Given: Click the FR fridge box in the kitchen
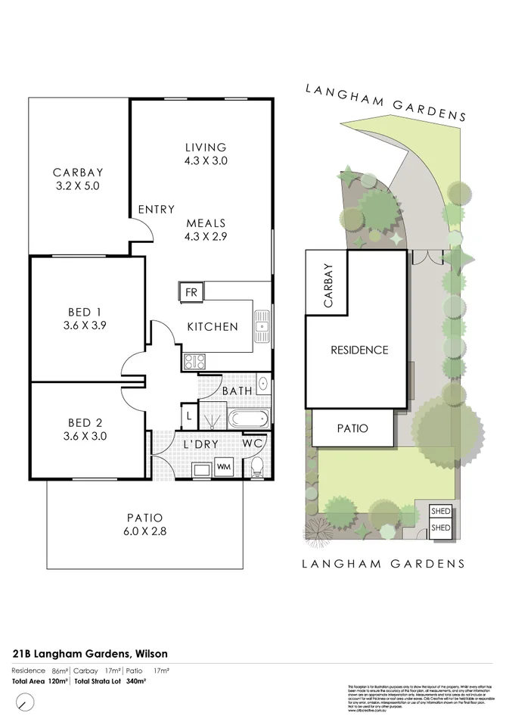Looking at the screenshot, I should click(191, 292).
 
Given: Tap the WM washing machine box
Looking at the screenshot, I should click(224, 468).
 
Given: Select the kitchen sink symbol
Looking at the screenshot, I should click(262, 327).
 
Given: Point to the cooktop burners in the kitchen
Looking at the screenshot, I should click(191, 361).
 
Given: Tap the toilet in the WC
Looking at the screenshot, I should click(257, 467).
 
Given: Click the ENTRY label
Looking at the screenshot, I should click(156, 210).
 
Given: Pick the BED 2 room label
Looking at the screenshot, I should click(86, 422).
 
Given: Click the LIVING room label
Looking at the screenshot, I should click(206, 147).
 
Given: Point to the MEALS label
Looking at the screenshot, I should click(206, 223).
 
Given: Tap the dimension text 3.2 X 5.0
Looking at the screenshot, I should click(78, 185).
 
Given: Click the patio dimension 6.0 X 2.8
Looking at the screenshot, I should click(144, 531).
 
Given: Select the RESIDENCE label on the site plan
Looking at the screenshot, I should click(359, 350).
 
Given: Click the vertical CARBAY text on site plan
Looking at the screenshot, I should click(328, 286).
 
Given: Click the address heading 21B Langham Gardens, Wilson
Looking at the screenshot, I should click(90, 653).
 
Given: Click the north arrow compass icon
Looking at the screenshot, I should click(25, 702).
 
